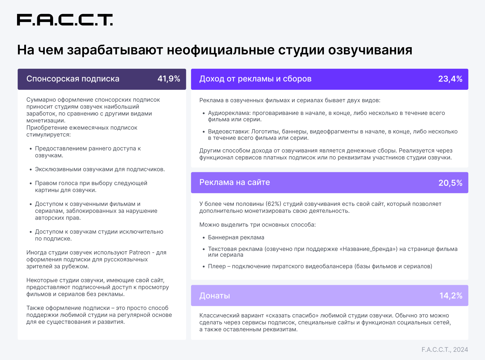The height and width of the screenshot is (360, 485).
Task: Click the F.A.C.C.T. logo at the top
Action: pos(65,20)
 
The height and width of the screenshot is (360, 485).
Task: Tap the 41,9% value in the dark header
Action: pos(169,79)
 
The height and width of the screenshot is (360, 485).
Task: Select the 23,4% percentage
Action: pos(450,79)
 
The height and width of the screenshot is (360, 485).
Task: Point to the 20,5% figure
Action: pos(450,183)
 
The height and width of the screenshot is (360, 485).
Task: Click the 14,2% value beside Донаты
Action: pos(451,296)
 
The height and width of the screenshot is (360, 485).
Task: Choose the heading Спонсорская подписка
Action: pos(73,79)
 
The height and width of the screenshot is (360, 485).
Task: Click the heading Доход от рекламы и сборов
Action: pos(255,79)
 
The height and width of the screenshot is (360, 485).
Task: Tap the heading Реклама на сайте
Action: pos(234,182)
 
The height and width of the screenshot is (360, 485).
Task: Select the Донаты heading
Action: pos(214,296)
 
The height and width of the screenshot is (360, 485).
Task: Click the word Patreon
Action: pos(139,252)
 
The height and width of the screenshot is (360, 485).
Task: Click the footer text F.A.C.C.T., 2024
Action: pos(445,350)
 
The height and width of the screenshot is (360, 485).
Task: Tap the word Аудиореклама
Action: pos(229,113)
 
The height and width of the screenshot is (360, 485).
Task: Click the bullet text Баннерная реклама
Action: pos(236,237)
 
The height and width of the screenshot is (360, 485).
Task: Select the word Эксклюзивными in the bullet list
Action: pos(58,169)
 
